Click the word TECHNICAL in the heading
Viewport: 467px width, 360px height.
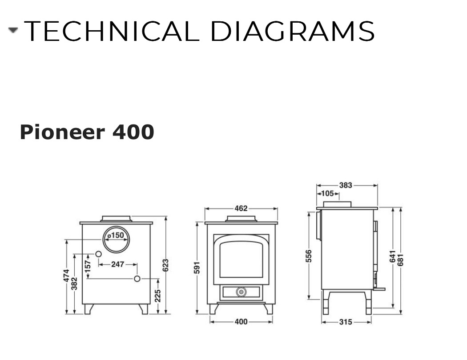pos(112,31)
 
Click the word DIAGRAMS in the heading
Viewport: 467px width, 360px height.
pos(293,31)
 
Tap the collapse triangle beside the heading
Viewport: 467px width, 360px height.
pos(13,30)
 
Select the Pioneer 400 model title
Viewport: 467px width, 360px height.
pos(87,132)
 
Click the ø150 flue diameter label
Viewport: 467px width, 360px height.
pos(116,236)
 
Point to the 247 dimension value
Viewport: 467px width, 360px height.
pos(118,264)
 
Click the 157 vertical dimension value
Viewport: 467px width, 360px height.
pos(88,266)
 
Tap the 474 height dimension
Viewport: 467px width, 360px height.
pos(66,276)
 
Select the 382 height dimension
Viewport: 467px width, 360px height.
pos(74,284)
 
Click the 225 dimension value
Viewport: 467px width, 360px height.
pos(158,296)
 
